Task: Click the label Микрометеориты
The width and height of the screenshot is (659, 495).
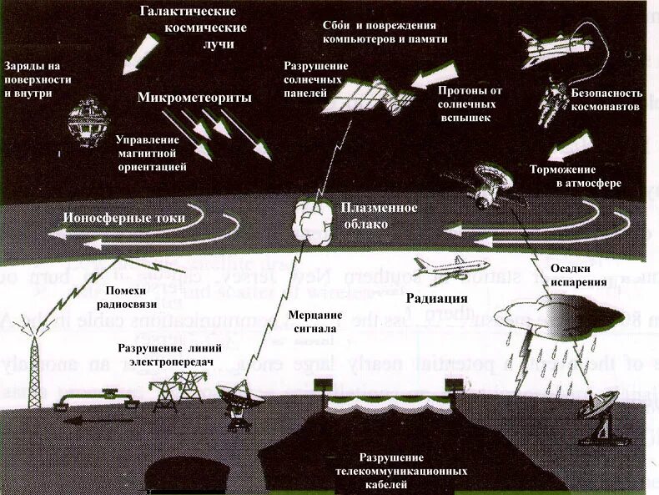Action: click(194, 98)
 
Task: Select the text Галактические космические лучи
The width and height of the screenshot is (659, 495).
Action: click(188, 27)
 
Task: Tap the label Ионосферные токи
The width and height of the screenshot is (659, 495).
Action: click(124, 218)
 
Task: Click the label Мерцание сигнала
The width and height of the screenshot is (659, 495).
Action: click(314, 321)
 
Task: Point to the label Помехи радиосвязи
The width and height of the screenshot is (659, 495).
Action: click(130, 296)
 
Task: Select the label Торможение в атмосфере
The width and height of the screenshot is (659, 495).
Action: click(575, 174)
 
